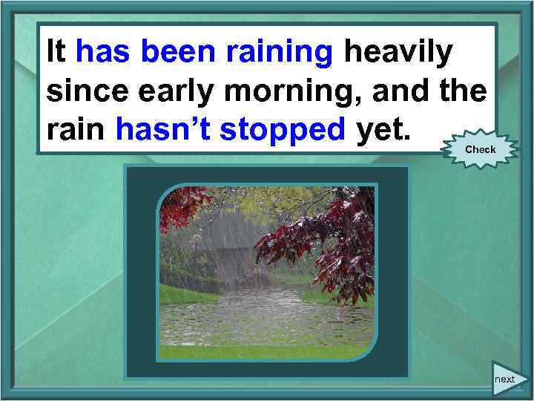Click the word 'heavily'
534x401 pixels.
tap(397, 53)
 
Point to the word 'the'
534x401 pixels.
tap(464, 91)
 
